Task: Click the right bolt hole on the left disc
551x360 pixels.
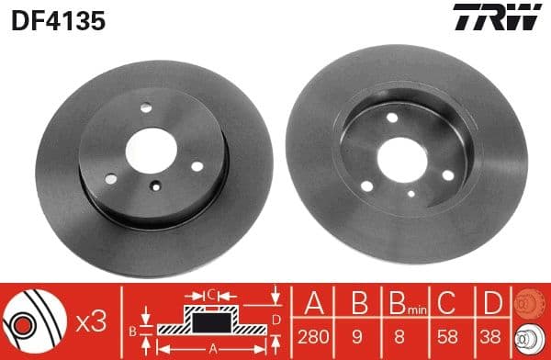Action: coord(196,165)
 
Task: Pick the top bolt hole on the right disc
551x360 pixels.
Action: coord(392,118)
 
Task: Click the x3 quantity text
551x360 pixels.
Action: coord(89,322)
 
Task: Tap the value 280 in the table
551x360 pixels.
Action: coord(314,337)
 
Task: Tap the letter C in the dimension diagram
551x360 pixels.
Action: coord(210,295)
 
